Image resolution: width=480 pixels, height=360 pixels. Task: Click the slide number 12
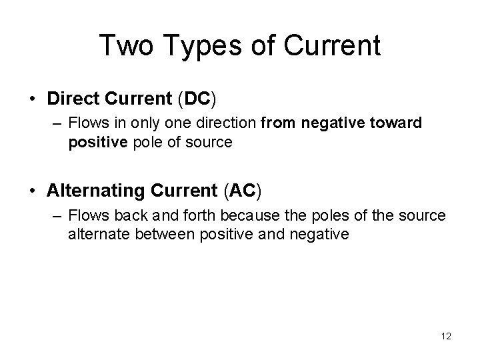click(x=446, y=336)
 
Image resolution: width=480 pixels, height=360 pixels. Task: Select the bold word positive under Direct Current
click(x=97, y=141)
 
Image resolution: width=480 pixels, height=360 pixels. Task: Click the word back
click(x=129, y=216)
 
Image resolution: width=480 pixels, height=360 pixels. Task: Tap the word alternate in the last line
click(x=97, y=235)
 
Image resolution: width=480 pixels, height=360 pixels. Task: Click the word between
click(x=165, y=235)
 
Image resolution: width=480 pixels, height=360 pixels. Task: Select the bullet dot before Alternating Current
click(x=31, y=192)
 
